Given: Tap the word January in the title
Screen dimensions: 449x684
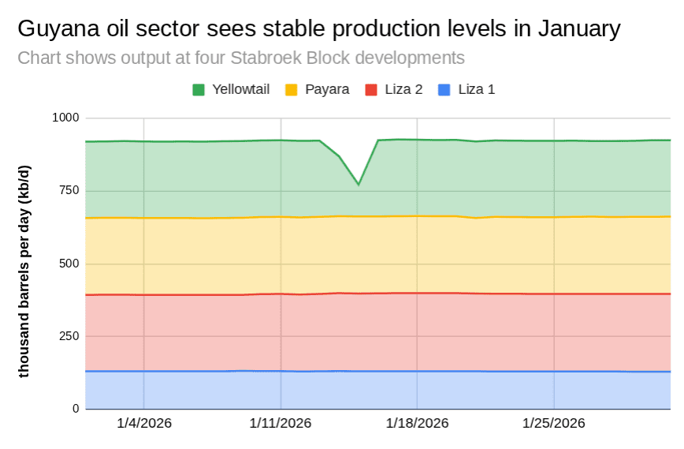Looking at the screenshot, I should click(579, 30).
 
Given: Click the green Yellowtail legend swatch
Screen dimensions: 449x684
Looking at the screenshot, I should click(199, 90).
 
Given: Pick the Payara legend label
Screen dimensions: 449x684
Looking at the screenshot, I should click(327, 90).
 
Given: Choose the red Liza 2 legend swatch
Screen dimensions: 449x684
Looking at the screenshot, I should click(371, 90).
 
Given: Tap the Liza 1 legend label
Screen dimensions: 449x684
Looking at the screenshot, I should click(476, 90).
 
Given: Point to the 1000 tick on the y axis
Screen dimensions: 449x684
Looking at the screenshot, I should click(65, 118).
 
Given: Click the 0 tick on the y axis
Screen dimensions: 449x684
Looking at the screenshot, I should click(76, 409).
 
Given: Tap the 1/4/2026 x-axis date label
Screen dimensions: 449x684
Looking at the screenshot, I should click(144, 423).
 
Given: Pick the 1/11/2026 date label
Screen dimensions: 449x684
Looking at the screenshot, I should click(281, 423).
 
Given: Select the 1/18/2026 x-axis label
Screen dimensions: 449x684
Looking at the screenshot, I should click(418, 423).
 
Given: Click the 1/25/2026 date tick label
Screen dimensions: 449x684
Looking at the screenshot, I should click(555, 423).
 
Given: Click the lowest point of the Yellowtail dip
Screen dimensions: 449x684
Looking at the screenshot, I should click(359, 185).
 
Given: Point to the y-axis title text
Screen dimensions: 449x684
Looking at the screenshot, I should click(24, 271).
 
